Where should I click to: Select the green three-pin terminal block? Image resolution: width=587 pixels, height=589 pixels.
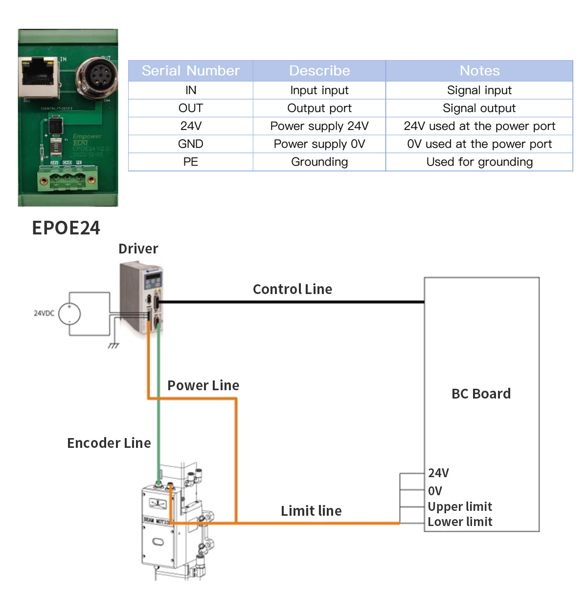pos(68,180)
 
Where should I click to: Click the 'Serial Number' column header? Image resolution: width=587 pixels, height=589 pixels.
pos(191,71)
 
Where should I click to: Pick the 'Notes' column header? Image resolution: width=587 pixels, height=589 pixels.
pos(479,71)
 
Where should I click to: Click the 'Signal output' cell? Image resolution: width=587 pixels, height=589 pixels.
pos(479,108)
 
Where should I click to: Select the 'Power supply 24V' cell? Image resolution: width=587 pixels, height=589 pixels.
pos(319,126)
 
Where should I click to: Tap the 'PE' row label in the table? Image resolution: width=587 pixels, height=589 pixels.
pos(191,162)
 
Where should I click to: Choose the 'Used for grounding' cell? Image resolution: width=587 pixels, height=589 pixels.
pos(479,162)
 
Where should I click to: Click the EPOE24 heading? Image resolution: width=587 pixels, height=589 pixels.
pos(66,228)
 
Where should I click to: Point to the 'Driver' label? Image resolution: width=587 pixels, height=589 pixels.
pos(138,249)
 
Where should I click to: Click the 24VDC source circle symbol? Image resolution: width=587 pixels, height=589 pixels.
pos(69,314)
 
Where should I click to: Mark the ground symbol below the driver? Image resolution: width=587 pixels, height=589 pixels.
pos(113,345)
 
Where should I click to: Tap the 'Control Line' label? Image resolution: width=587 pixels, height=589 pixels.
pos(293,289)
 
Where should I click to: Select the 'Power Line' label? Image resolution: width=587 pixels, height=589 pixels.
pos(203,385)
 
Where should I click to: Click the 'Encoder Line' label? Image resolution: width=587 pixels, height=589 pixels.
pos(109,443)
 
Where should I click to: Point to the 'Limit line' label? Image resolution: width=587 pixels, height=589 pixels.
pos(311,511)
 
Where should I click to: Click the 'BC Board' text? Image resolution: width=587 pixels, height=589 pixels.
pos(481,394)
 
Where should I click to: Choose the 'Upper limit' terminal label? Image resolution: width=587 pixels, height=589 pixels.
pos(460,506)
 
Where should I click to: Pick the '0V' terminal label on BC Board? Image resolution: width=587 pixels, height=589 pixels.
pos(435,491)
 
